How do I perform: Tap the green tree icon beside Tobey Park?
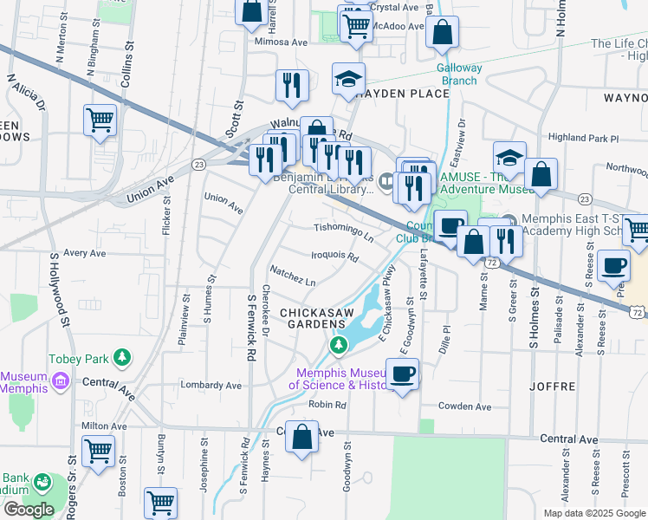click(x=124, y=356)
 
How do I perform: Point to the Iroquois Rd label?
click(x=334, y=257)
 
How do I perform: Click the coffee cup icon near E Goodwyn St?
click(x=402, y=374)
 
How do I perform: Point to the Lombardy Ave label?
click(x=210, y=385)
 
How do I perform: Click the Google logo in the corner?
click(x=28, y=510)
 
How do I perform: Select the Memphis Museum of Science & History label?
click(x=345, y=378)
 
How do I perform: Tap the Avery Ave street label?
click(x=84, y=253)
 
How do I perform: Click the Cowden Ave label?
click(x=465, y=406)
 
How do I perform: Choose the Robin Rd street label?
click(x=327, y=405)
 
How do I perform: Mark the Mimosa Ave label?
click(x=281, y=41)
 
